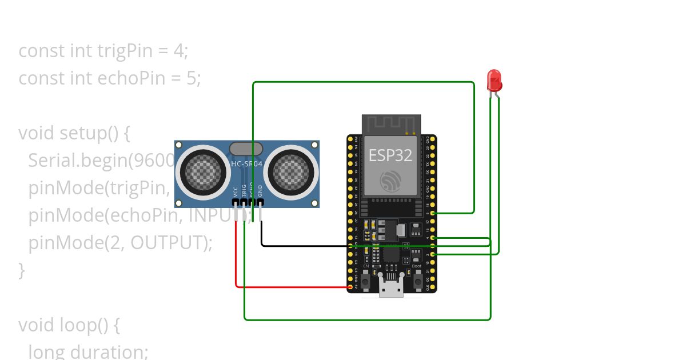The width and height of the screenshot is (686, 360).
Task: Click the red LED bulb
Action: pos(494,81)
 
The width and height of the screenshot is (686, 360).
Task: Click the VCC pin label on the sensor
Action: pos(236,191)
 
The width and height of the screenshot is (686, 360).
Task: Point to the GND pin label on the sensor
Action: pos(260,191)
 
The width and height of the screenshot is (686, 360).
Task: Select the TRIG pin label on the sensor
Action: pos(244,190)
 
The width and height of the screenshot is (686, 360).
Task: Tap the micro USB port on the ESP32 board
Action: pos(392,289)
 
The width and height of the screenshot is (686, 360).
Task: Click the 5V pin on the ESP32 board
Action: pos(350,287)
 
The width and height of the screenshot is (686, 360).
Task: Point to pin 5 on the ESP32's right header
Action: pos(433,213)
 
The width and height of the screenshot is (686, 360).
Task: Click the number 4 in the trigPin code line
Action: pos(178,51)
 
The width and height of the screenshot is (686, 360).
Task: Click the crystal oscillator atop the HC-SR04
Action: pos(246,149)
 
